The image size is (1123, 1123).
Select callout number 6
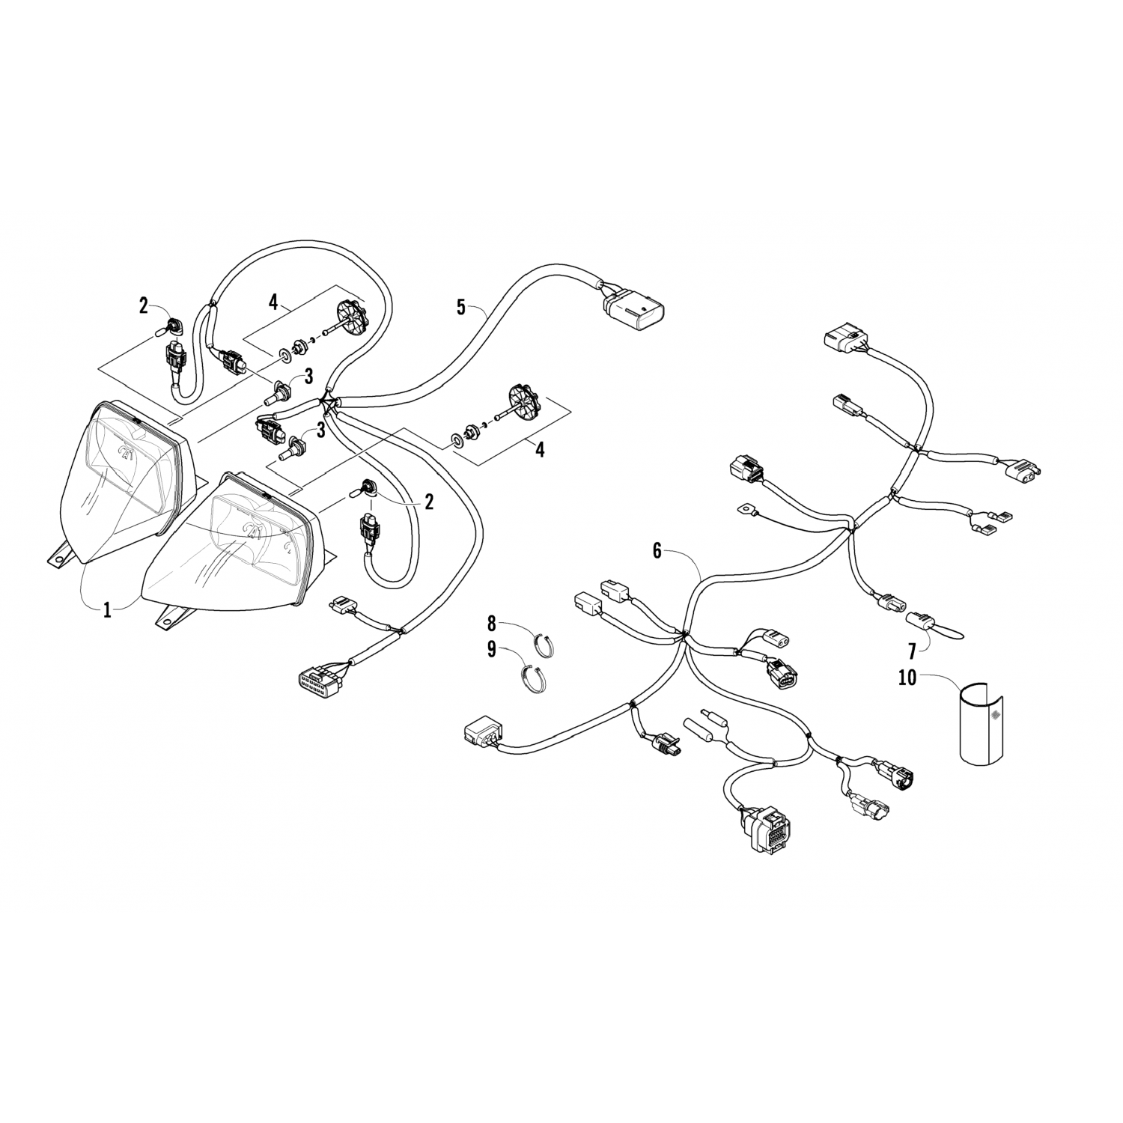(x=657, y=551)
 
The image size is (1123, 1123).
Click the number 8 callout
(x=492, y=622)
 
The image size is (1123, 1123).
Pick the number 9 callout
(x=492, y=649)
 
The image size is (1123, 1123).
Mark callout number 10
(x=907, y=678)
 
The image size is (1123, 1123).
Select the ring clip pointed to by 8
(x=544, y=645)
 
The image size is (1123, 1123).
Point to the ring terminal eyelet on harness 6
(x=746, y=509)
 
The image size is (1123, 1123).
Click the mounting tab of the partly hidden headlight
(x=63, y=554)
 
